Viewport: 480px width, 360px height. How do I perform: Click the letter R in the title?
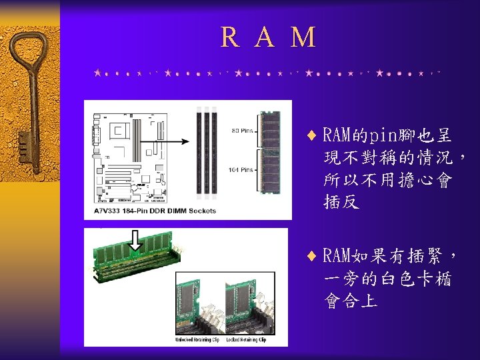tap(229, 37)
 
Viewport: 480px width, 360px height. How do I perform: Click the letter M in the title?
tap(303, 37)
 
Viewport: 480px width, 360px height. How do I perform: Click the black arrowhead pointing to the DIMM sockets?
tap(189, 141)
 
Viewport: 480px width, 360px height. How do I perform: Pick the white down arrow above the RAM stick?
tap(135, 241)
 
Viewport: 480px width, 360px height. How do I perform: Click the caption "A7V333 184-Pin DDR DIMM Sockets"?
tap(155, 211)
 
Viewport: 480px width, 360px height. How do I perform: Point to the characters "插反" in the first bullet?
tap(341, 201)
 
